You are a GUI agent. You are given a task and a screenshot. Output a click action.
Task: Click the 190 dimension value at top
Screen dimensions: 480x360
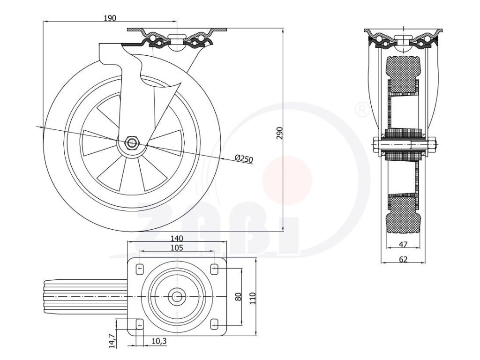pyautogui.click(x=110, y=18)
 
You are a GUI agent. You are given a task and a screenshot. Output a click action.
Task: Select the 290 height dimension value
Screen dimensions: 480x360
pyautogui.click(x=279, y=133)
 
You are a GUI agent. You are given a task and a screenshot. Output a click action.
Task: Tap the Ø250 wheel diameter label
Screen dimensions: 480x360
pyautogui.click(x=244, y=158)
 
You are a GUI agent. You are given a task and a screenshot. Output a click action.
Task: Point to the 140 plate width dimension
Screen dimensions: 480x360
pyautogui.click(x=177, y=238)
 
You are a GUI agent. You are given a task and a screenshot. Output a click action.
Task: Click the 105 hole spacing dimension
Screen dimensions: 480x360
pyautogui.click(x=177, y=247)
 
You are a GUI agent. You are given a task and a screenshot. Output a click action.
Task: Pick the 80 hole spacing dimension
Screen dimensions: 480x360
pyautogui.click(x=239, y=296)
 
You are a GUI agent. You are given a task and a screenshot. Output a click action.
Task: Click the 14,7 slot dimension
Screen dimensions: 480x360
pyautogui.click(x=112, y=340)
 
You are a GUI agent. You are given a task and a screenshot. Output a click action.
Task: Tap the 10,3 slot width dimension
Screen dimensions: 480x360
pyautogui.click(x=159, y=341)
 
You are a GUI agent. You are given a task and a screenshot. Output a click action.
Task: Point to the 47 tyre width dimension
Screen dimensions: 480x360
pyautogui.click(x=404, y=244)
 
